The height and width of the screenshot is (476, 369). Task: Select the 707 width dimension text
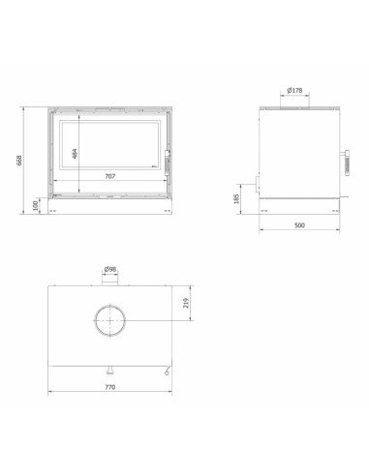[109, 177]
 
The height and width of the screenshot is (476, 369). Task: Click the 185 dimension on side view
[237, 198]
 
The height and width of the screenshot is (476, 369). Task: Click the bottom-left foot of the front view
[54, 210]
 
